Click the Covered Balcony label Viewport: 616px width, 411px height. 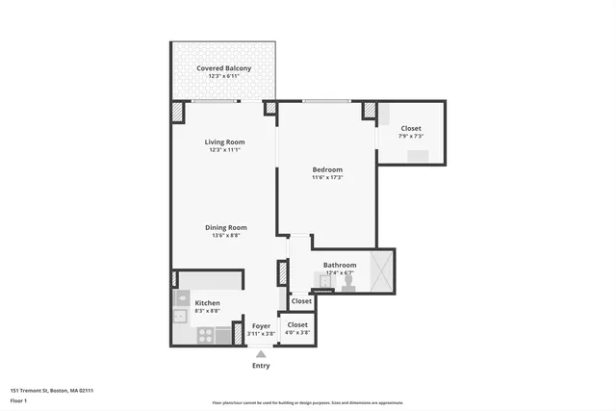[x=224, y=68]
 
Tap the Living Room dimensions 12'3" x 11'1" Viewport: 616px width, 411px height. [x=223, y=150]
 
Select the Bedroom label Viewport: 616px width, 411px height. [x=327, y=169]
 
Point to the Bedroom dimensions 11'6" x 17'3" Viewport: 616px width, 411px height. [x=327, y=177]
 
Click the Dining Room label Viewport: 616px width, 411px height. [x=226, y=227]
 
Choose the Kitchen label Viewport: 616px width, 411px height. [x=207, y=303]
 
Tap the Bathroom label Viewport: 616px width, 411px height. [x=340, y=265]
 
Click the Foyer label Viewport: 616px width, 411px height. [x=261, y=326]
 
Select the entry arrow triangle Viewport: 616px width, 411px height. [x=261, y=354]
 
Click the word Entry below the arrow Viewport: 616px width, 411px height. [x=261, y=366]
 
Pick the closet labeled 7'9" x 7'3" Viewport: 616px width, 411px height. [x=411, y=132]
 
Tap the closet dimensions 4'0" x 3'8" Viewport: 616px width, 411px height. [x=297, y=333]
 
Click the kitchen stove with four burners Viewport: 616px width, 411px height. [x=205, y=336]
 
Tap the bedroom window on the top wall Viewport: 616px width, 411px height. [x=325, y=101]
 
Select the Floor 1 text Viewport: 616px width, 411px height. [x=18, y=399]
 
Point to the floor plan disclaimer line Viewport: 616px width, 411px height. [x=308, y=403]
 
